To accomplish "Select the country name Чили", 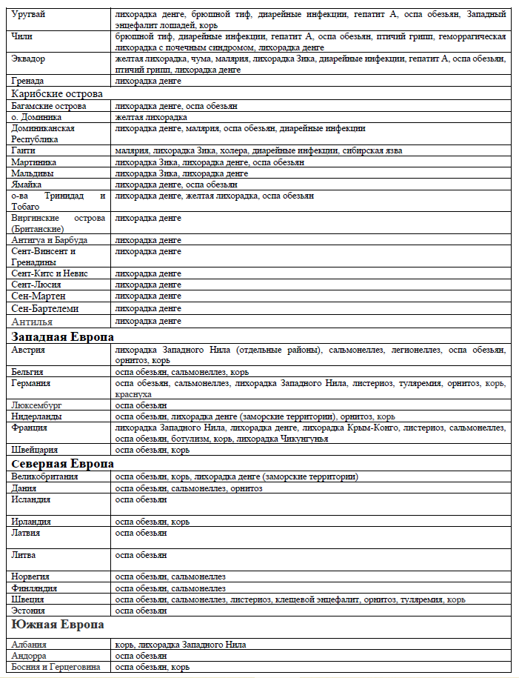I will (x=22, y=36).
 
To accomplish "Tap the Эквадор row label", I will (x=30, y=58).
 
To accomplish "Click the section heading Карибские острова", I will (x=56, y=94).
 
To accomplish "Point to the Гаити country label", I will (x=24, y=150).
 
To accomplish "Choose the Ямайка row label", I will (x=27, y=184).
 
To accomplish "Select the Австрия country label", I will (x=29, y=349).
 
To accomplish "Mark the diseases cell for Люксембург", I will (x=141, y=405).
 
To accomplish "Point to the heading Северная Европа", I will (x=62, y=463).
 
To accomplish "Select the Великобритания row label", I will (x=45, y=476).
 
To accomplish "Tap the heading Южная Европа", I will (x=57, y=625).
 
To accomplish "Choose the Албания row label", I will (x=29, y=645).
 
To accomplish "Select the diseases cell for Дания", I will (x=189, y=488).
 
